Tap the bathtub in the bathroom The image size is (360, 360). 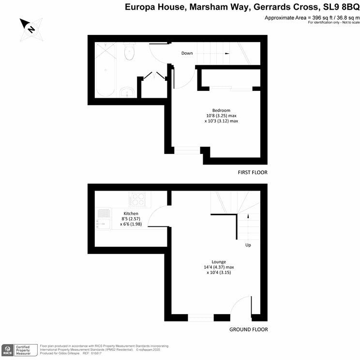coord(105,71)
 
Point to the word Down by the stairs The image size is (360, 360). coord(187,53)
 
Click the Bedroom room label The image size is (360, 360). coord(221,110)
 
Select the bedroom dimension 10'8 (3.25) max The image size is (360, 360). coord(221,116)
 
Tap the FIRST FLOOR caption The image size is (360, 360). coord(252,172)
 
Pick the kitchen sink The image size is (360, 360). coord(103,217)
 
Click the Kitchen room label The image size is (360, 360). coord(131,213)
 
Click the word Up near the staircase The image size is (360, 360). coord(248,245)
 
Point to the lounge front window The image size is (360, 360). coord(201,317)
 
